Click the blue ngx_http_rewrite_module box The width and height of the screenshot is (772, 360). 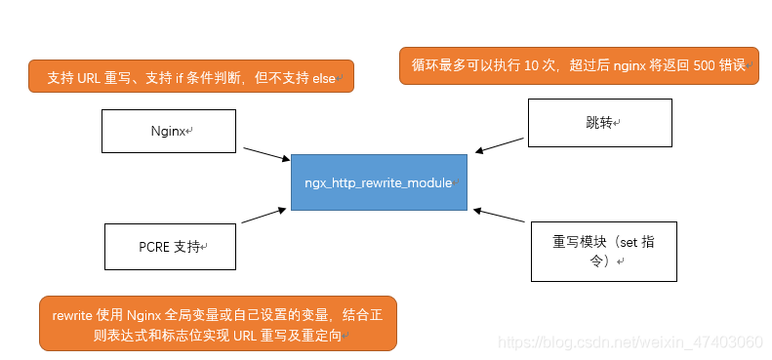379,181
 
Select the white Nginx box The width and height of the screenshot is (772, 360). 170,131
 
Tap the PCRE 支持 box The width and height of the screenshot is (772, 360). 170,247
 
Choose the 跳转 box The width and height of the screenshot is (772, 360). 599,124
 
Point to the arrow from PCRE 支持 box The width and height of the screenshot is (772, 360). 264,215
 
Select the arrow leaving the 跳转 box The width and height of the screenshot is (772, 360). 500,144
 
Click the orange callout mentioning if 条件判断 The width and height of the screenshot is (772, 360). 190,77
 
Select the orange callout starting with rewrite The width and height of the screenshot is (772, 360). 218,323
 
